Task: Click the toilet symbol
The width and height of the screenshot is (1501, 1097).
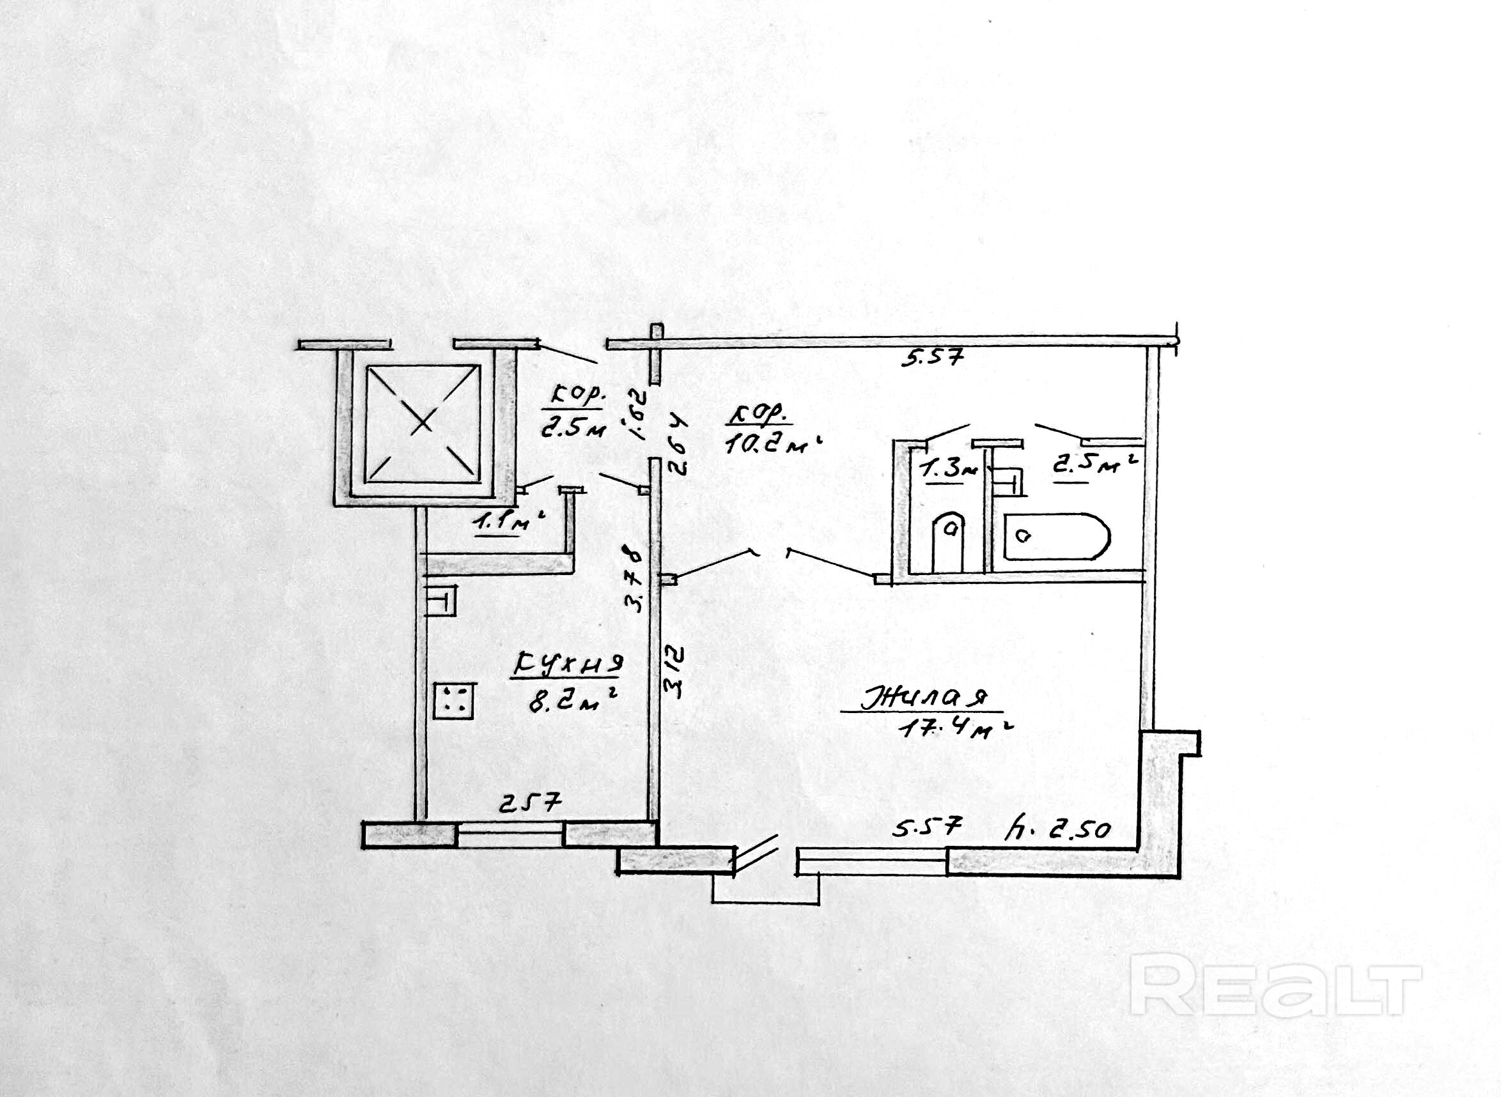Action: pyautogui.click(x=948, y=540)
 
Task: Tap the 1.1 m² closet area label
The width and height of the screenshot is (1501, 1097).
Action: pyautogui.click(x=508, y=524)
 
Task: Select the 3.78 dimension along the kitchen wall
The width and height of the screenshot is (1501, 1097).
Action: pyautogui.click(x=636, y=578)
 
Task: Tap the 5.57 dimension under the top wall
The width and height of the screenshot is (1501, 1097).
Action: pyautogui.click(x=931, y=359)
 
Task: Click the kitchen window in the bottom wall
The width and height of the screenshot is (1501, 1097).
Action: pyautogui.click(x=510, y=834)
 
